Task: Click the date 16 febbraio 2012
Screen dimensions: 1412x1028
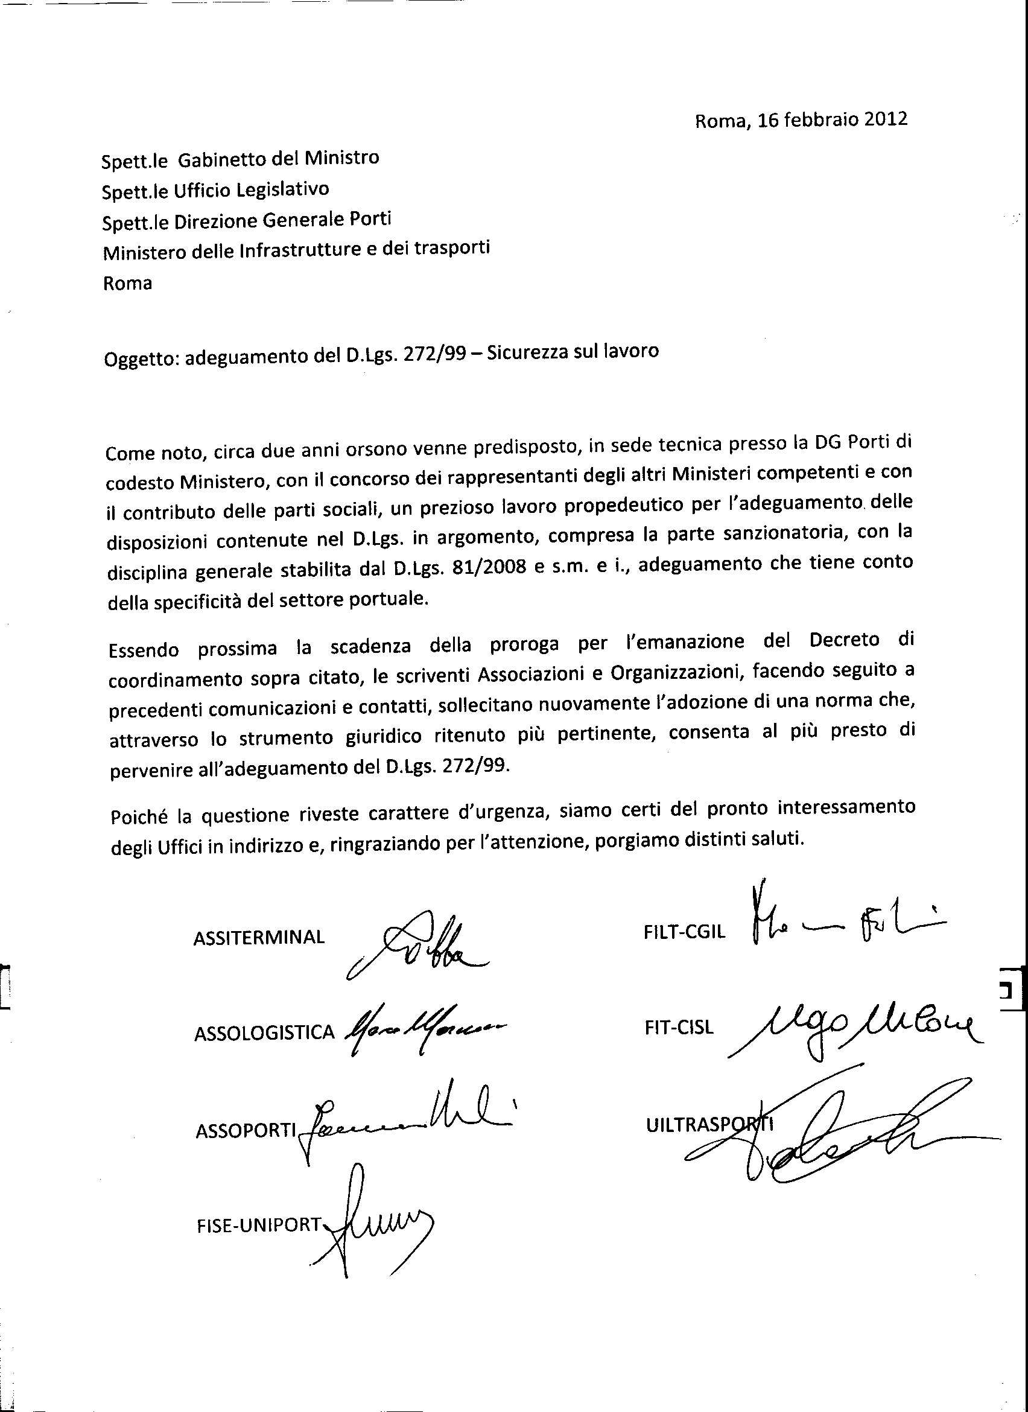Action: click(832, 119)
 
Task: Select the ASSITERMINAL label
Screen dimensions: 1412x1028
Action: click(259, 937)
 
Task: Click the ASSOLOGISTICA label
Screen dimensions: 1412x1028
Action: click(264, 1033)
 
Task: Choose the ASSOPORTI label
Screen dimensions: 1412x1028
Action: click(245, 1130)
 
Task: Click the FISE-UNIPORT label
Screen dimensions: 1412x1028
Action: click(258, 1224)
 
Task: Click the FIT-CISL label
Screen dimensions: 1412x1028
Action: click(679, 1026)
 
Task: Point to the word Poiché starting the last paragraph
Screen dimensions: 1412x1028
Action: click(139, 816)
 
